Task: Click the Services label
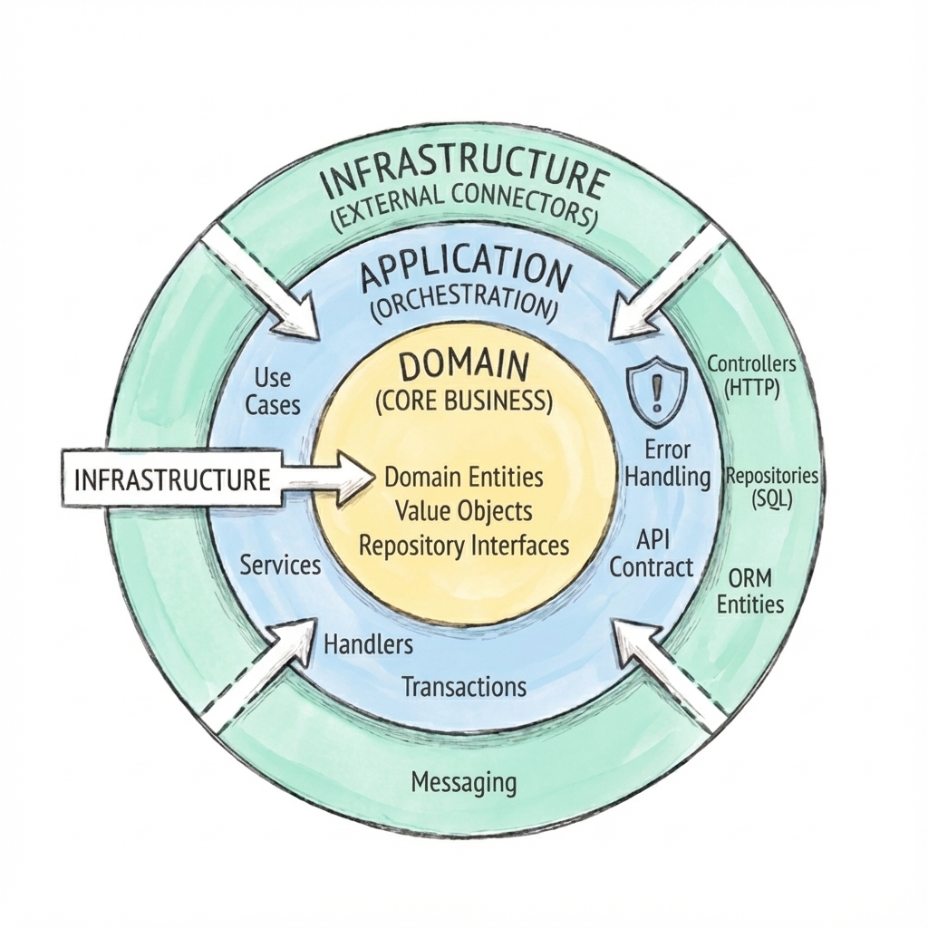281,565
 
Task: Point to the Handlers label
368,645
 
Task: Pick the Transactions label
463,686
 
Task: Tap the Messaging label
463,781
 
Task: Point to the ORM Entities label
750,591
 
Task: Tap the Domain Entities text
464,476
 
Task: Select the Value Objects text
464,510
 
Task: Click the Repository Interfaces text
464,546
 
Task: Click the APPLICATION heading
466,269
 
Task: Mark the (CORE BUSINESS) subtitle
463,401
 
